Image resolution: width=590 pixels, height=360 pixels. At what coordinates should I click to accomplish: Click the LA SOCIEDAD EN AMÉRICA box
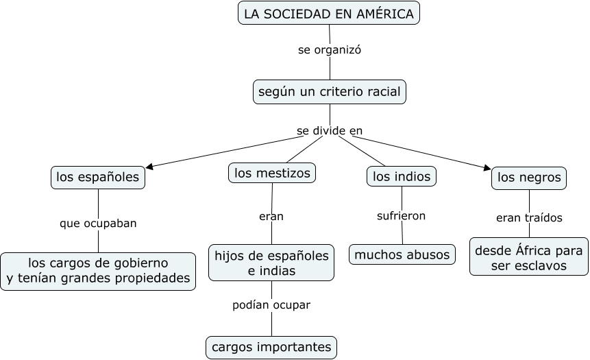tap(329, 13)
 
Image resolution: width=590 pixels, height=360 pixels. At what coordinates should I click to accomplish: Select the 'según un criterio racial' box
tap(329, 92)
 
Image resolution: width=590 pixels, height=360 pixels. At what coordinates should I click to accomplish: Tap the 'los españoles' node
tap(98, 178)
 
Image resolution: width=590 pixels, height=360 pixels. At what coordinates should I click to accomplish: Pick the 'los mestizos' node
tap(272, 173)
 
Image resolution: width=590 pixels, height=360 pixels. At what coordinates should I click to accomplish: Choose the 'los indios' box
tap(402, 176)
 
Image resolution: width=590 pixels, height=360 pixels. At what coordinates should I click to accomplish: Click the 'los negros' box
tap(529, 178)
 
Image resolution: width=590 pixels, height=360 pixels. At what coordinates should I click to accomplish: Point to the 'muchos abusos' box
tap(402, 254)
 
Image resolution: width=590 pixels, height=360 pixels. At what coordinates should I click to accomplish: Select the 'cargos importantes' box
tap(271, 347)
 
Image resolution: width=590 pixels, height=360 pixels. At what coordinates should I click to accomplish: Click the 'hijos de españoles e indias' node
tap(271, 263)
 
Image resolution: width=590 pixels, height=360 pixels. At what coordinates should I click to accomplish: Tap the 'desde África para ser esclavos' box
tap(528, 257)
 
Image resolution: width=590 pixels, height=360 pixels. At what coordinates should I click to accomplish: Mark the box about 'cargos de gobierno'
tap(98, 271)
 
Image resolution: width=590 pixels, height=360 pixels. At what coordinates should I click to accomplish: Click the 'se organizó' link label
tap(330, 49)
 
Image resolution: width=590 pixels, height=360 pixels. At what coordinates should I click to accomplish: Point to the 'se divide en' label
tap(330, 130)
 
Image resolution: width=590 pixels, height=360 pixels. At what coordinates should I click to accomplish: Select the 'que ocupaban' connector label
tap(98, 223)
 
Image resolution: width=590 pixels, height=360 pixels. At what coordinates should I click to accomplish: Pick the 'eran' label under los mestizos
tap(271, 217)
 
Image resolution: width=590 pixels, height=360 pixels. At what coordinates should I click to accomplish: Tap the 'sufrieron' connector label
tap(402, 216)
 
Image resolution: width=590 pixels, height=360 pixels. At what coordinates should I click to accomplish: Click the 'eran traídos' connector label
tap(529, 218)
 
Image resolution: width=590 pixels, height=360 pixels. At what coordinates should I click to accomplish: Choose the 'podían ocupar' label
tap(271, 304)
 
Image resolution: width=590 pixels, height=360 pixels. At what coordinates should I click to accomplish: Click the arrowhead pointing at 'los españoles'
tap(149, 166)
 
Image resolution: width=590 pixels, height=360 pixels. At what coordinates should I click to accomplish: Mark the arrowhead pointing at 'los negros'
tap(487, 167)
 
